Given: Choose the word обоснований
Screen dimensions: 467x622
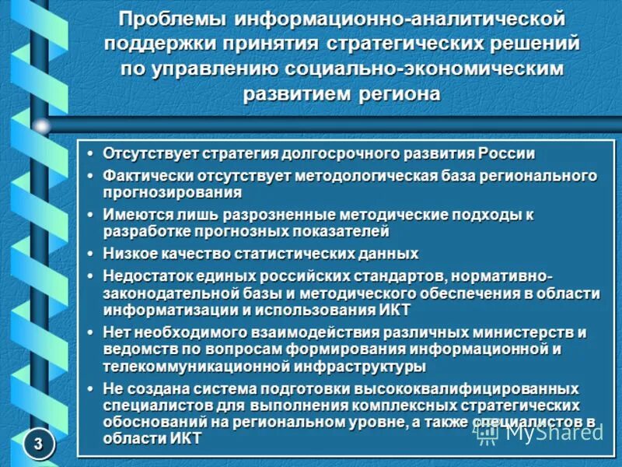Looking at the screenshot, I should [149, 421].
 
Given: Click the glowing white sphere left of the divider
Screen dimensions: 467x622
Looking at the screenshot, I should [42, 125].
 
